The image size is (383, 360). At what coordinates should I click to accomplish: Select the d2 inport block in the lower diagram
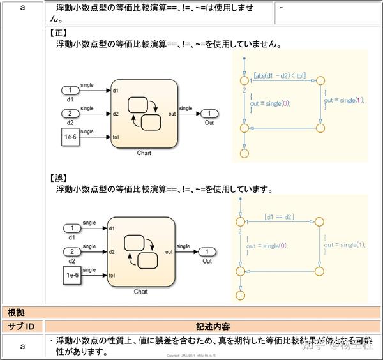click(72, 251)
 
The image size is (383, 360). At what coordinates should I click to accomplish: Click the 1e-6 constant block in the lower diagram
click(72, 276)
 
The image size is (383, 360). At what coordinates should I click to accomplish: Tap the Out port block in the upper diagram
click(209, 114)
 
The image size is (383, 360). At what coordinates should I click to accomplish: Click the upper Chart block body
click(144, 114)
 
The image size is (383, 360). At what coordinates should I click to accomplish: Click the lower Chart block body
click(141, 251)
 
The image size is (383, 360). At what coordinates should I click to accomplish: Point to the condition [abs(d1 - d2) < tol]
click(279, 75)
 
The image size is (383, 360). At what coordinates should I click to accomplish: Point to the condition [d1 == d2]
click(278, 217)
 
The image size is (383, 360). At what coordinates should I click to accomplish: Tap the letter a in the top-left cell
click(22, 8)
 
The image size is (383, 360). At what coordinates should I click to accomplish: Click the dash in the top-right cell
click(281, 8)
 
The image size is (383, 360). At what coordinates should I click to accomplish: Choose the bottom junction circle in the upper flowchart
click(244, 153)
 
